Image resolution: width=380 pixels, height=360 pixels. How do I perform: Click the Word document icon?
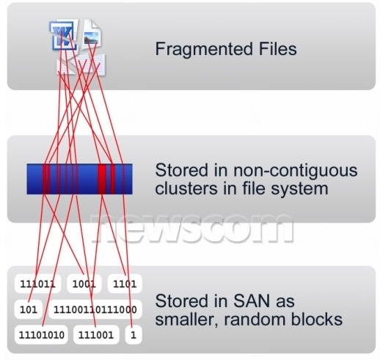click(x=64, y=35)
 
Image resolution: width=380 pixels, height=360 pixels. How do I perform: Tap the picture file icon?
click(x=91, y=35)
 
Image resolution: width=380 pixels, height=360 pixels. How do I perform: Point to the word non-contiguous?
click(x=295, y=170)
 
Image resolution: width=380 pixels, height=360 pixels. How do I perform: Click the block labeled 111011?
click(x=37, y=284)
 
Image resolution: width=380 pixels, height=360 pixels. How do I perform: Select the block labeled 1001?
click(x=84, y=284)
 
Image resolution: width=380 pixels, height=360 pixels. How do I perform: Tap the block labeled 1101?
click(x=125, y=284)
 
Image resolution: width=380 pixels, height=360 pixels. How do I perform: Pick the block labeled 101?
click(x=29, y=309)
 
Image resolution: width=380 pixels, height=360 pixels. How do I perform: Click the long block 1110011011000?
click(x=95, y=309)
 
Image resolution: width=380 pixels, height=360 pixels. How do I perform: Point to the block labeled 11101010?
click(x=41, y=335)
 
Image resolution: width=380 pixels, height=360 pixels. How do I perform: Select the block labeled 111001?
click(x=96, y=335)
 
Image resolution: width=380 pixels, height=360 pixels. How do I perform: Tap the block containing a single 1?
click(x=134, y=335)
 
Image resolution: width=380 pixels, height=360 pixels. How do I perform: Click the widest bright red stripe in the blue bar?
click(x=102, y=179)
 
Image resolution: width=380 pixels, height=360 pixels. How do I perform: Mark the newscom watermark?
click(x=192, y=229)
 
